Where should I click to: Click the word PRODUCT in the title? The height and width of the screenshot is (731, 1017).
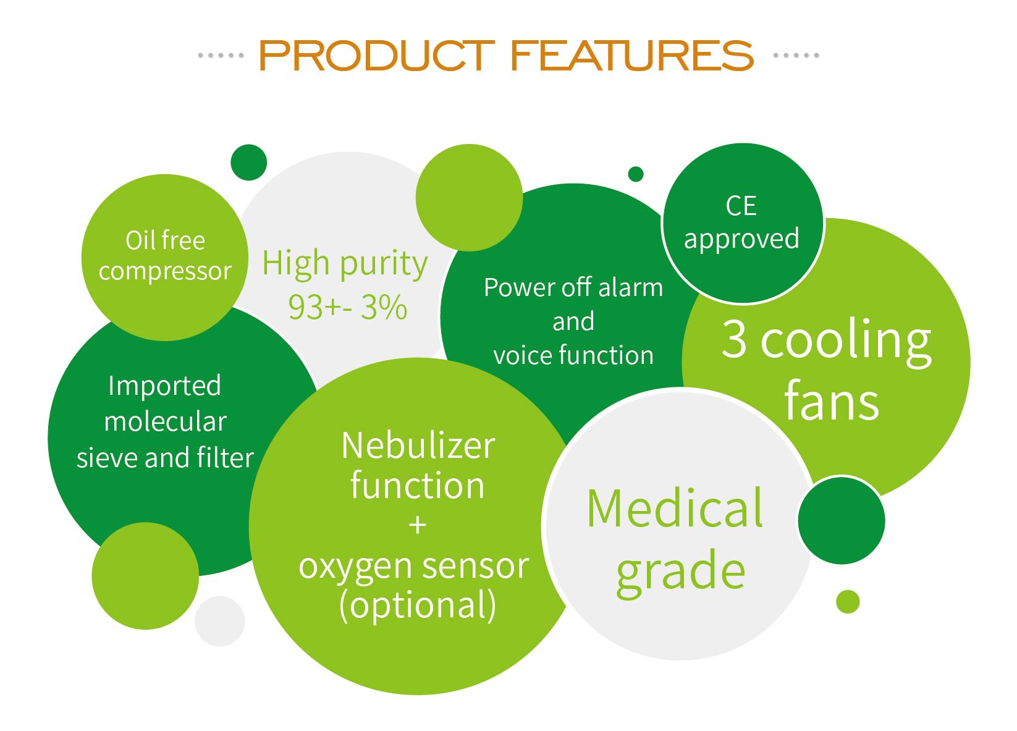[377, 56]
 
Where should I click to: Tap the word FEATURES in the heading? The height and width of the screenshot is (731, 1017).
[631, 56]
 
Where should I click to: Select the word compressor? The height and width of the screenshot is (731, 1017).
[165, 272]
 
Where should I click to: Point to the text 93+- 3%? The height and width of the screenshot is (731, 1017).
[347, 307]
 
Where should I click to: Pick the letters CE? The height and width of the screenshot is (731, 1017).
[741, 206]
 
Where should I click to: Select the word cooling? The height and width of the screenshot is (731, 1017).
[846, 342]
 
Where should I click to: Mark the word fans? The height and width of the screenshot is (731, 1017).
[832, 402]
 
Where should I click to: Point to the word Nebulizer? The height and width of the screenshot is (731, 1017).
[418, 446]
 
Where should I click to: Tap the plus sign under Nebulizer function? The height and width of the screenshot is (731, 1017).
[417, 525]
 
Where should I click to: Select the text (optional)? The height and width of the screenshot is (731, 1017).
[418, 606]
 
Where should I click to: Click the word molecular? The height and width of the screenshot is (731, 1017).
[165, 421]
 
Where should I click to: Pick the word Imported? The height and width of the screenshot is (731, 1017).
[164, 387]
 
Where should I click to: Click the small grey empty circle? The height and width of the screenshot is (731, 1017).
[220, 621]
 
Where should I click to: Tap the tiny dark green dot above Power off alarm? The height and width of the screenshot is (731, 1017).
[636, 174]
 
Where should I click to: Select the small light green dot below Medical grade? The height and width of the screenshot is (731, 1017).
[848, 602]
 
